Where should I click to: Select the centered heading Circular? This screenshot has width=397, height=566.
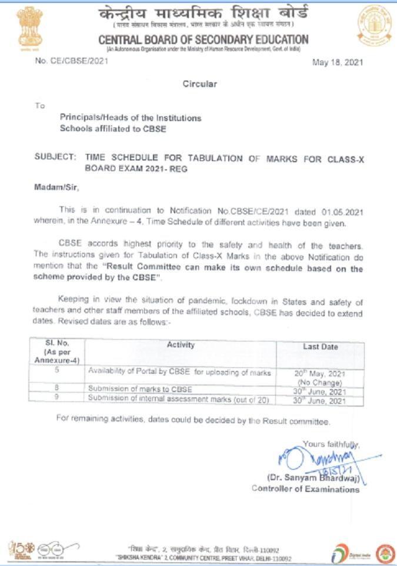[x=199, y=83]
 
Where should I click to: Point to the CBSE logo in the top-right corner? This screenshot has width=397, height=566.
[x=375, y=25]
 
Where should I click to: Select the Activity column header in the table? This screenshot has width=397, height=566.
[x=181, y=345]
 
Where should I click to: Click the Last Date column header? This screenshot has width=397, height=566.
[x=321, y=347]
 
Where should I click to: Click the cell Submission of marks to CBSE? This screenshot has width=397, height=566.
[x=140, y=389]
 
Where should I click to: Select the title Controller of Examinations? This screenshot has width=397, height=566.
[x=305, y=488]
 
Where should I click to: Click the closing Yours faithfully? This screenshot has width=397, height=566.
[x=331, y=444]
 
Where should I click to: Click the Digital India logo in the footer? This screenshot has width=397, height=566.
[x=348, y=552]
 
